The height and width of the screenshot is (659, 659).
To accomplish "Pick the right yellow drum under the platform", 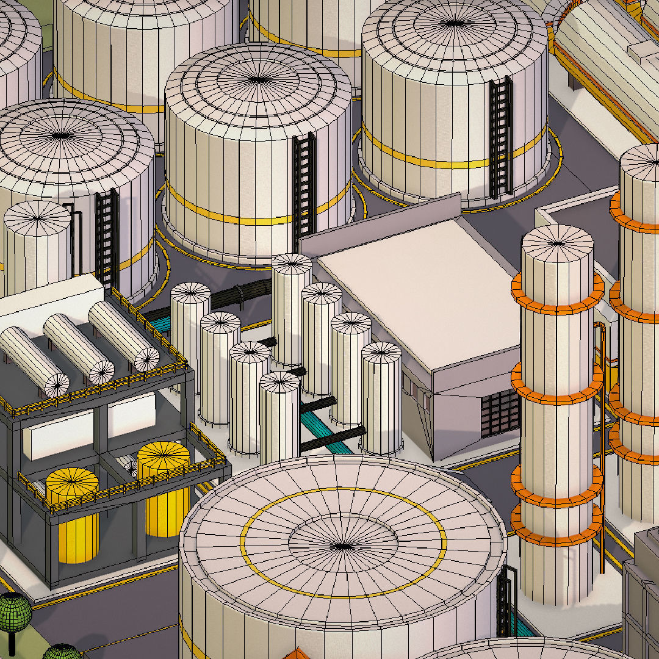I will pos(165,488).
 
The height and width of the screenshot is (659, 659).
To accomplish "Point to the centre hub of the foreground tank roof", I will pos(343,545).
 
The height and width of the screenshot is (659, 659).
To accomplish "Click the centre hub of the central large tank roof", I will pos(258,79).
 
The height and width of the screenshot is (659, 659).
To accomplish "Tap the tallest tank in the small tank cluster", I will pos(292,311).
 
